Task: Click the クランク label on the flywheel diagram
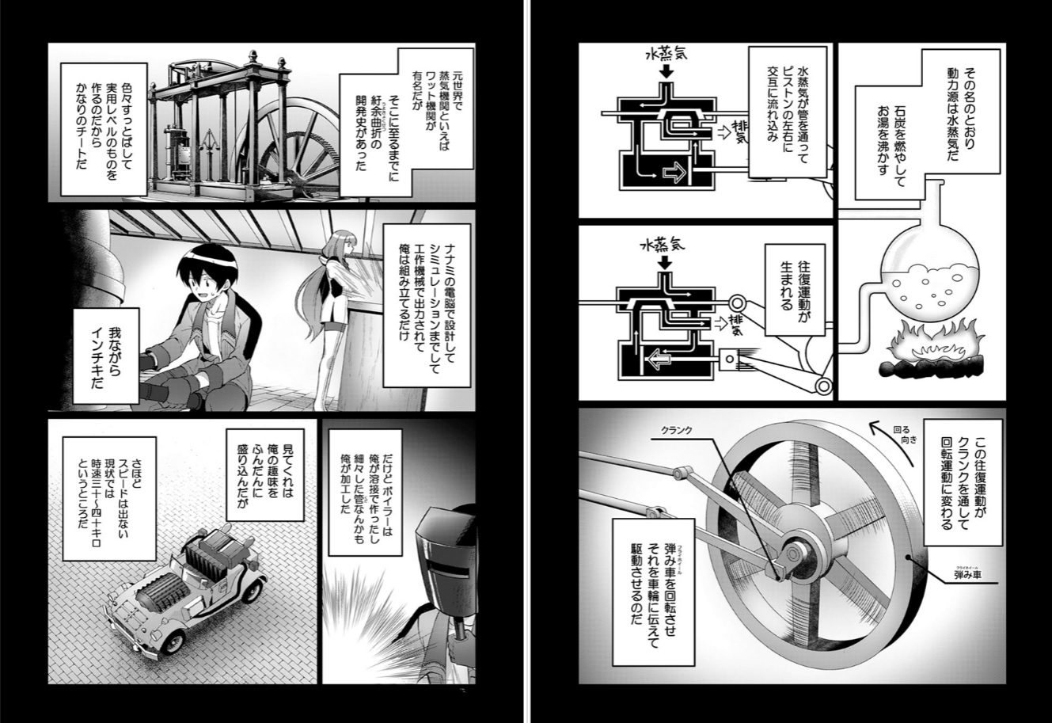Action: click(x=677, y=430)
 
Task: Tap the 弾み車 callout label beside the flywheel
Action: click(x=967, y=575)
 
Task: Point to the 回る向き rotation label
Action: click(x=905, y=435)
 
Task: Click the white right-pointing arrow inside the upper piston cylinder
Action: click(x=674, y=173)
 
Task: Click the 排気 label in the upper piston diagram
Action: click(x=741, y=132)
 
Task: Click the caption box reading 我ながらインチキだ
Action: click(x=106, y=356)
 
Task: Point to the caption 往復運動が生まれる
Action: click(x=795, y=289)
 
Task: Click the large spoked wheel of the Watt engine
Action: click(x=289, y=141)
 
